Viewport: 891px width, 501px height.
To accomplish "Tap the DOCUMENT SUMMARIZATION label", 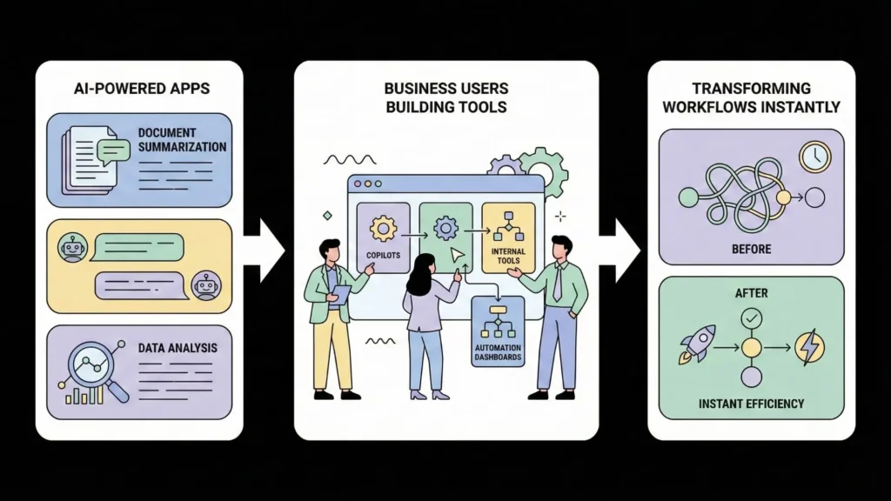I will (181, 140).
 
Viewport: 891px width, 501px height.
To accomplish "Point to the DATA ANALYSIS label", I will (178, 348).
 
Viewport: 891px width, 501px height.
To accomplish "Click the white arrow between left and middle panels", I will (264, 250).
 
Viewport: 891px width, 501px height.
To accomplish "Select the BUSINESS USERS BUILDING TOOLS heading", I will (445, 97).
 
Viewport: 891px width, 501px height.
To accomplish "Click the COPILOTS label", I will (383, 254).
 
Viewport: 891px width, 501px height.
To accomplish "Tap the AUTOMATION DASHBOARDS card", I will (497, 331).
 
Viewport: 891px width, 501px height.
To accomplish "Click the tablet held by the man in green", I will (342, 293).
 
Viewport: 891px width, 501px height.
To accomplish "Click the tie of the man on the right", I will (557, 284).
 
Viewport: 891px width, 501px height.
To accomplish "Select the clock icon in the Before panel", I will (815, 157).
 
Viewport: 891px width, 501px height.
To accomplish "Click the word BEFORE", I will (751, 250).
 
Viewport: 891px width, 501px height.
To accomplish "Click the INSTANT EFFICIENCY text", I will (751, 404).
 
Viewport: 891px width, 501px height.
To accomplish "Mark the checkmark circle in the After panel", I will (750, 319).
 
